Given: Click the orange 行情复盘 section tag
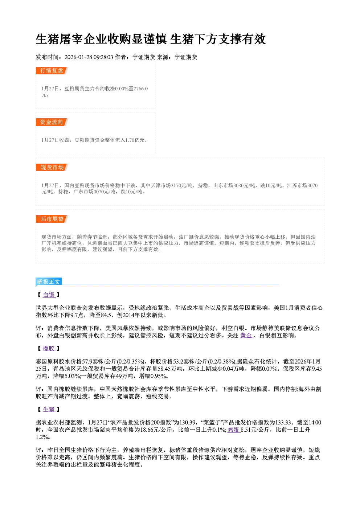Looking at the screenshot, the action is coord(52,70).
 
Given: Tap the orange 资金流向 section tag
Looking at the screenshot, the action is coord(52,122).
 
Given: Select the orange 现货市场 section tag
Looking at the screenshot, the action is coord(52,168).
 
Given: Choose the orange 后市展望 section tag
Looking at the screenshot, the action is coord(52,219).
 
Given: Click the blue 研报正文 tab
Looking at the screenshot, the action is coord(49,282).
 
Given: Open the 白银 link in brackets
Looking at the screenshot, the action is coord(49,295).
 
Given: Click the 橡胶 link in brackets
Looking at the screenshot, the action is coord(49,349).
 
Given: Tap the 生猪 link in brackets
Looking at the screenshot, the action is coord(49,410).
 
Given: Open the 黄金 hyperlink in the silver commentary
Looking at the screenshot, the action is coord(246,336).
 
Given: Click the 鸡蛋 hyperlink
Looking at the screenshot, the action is coord(234,430).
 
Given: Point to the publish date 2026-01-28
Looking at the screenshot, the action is coord(78,57).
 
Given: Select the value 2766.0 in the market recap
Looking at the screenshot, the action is coord(140,89).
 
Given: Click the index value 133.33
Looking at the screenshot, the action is coord(283,423).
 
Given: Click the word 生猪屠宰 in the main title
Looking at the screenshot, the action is coord(59,39).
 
